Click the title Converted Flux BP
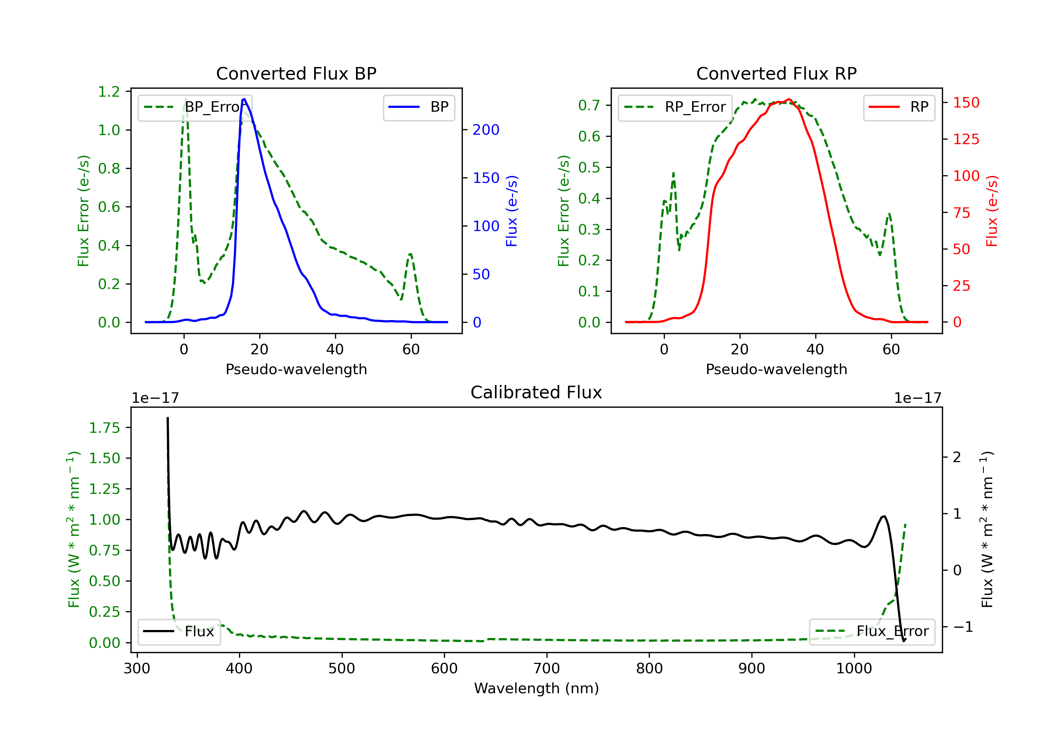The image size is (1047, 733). click(296, 73)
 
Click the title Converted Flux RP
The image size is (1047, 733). click(776, 73)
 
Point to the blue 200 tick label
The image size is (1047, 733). click(486, 130)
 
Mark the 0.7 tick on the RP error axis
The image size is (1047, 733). click(589, 105)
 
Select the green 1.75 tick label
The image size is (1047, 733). click(104, 428)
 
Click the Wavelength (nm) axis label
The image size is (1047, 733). click(536, 688)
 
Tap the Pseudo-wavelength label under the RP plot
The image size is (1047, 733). click(776, 369)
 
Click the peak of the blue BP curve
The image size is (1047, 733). click(244, 99)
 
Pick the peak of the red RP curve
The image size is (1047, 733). click(788, 99)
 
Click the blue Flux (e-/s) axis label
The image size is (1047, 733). click(512, 211)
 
